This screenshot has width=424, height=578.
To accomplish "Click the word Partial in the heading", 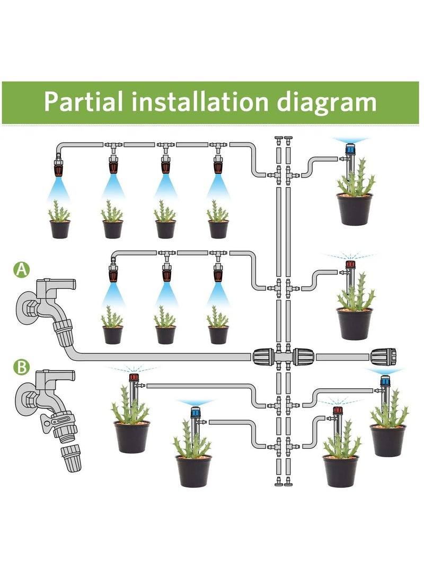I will click(85, 102).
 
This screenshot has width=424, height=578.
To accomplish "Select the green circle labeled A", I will click(21, 270).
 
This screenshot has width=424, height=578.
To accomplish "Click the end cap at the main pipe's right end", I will click(383, 357).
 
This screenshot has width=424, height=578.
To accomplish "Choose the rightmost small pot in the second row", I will click(218, 334).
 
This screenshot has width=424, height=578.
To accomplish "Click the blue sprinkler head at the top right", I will click(350, 149).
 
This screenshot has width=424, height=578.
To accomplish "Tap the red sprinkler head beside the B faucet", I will click(133, 379).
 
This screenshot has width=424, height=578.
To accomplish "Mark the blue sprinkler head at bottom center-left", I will click(195, 412).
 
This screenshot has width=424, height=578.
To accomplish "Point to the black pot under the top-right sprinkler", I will click(354, 209).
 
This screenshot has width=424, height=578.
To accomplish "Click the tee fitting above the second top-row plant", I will click(113, 145).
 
